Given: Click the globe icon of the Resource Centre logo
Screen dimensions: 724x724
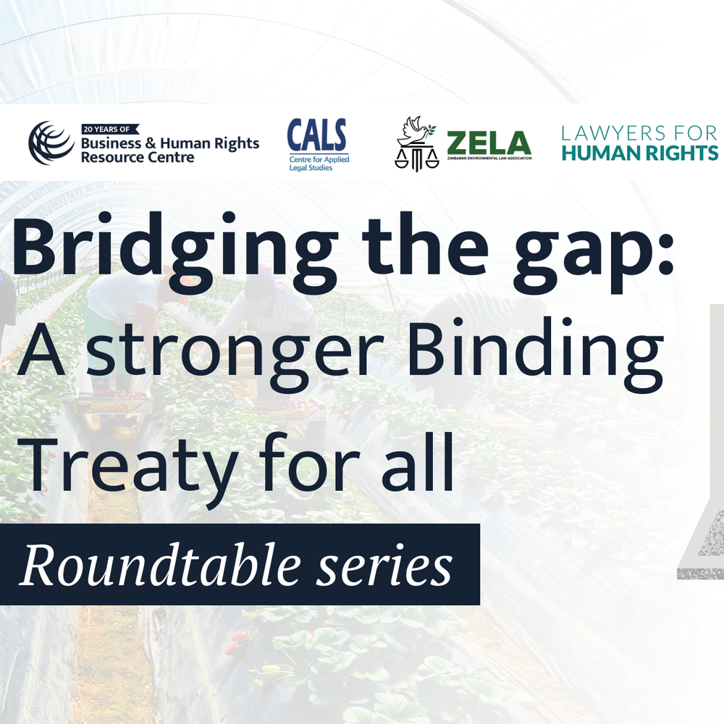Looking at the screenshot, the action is pyautogui.click(x=51, y=143).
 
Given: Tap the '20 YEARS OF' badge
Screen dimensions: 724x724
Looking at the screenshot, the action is pyautogui.click(x=110, y=130).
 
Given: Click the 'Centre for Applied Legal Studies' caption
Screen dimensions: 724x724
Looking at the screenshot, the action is pyautogui.click(x=319, y=164).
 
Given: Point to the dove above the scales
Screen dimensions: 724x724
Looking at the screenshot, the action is pyautogui.click(x=417, y=130).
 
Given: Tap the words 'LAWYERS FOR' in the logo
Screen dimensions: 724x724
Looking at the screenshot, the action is pyautogui.click(x=639, y=133).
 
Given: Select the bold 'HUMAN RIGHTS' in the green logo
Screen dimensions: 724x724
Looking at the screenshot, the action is pyautogui.click(x=640, y=153).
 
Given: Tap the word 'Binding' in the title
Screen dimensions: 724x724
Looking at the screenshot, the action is pyautogui.click(x=535, y=353).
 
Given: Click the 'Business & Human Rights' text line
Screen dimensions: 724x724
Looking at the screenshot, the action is pyautogui.click(x=170, y=143).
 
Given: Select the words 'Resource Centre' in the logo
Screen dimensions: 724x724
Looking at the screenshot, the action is pyautogui.click(x=138, y=157).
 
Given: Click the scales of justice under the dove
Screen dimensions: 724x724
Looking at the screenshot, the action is pyautogui.click(x=416, y=157).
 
